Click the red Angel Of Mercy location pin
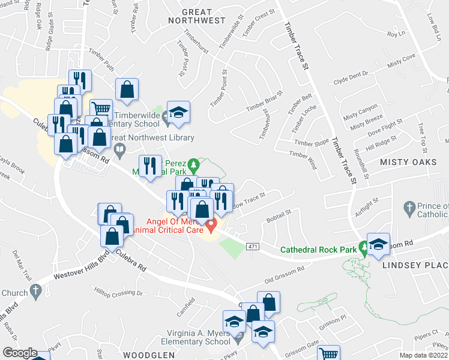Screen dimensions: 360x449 click(x=211, y=226)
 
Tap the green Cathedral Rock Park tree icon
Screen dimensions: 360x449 click(x=363, y=247)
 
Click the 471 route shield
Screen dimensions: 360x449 click(x=253, y=247)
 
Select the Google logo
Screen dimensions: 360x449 click(x=20, y=353)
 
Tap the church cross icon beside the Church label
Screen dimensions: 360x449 click(x=35, y=292)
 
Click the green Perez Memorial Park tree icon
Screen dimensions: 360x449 click(x=193, y=164)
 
